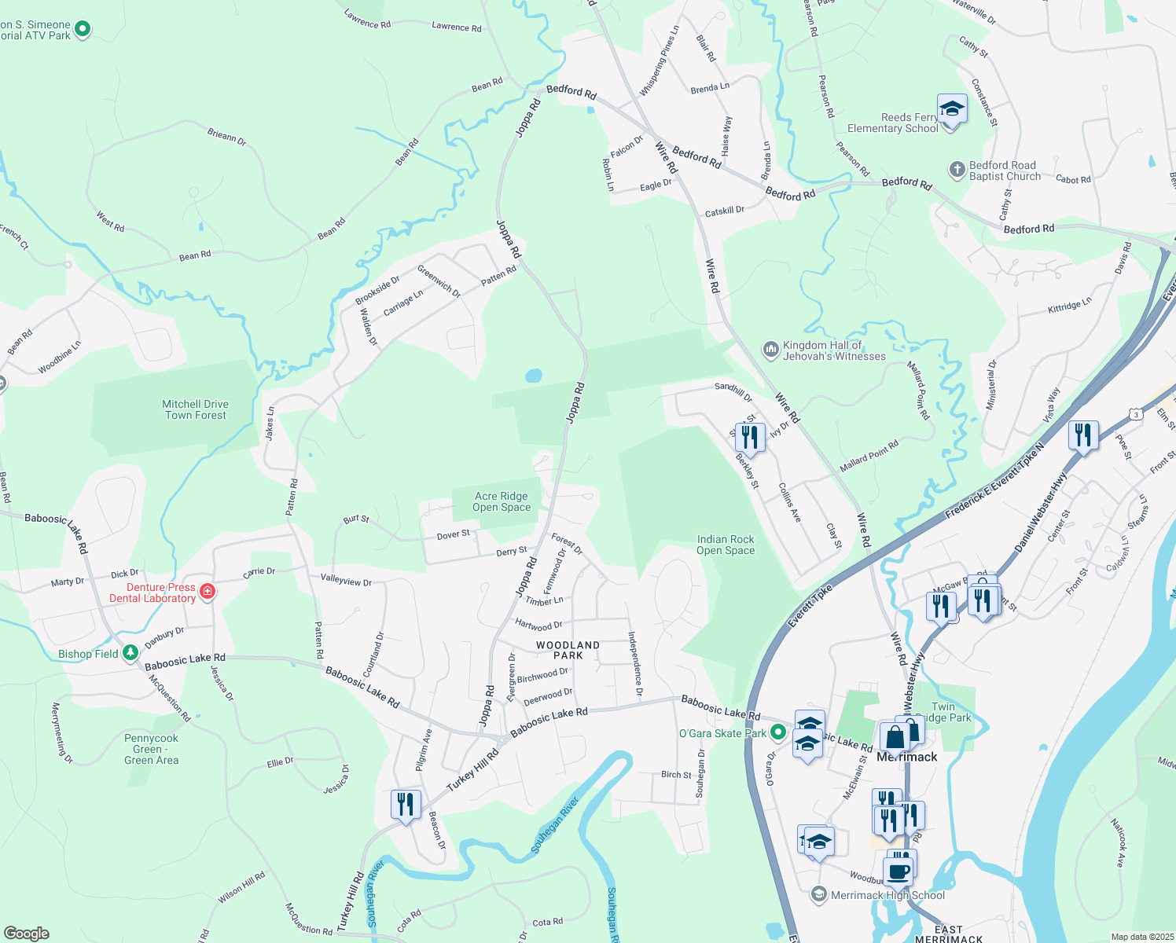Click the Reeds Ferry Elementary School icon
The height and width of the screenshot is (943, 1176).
click(x=952, y=109)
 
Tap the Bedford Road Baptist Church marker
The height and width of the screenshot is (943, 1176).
click(x=957, y=170)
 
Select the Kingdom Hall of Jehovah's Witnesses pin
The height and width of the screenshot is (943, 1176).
click(x=770, y=348)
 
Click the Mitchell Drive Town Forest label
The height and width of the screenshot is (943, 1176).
click(x=195, y=409)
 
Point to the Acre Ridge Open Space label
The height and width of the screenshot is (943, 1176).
click(x=502, y=501)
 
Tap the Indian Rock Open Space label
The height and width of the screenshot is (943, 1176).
click(x=725, y=545)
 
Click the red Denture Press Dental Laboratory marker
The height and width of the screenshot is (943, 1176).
click(x=208, y=591)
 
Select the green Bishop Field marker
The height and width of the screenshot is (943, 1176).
click(x=130, y=654)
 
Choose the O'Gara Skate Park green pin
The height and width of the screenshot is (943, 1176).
click(x=778, y=732)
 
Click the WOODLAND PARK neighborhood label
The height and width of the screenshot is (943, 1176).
click(x=568, y=650)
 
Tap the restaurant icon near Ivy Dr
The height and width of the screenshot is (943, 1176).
click(x=750, y=438)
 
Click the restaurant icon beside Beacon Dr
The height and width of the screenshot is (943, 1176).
click(x=405, y=804)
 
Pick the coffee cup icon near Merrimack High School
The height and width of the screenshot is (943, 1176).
click(x=898, y=871)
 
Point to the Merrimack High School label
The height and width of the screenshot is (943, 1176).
click(x=888, y=895)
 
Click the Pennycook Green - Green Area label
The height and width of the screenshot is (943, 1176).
click(x=151, y=749)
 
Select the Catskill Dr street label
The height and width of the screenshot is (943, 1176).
click(x=724, y=211)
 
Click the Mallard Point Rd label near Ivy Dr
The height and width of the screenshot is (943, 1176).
click(x=869, y=456)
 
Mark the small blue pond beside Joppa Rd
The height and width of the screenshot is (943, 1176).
click(x=534, y=376)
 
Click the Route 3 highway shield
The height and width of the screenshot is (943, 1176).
click(x=1135, y=413)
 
